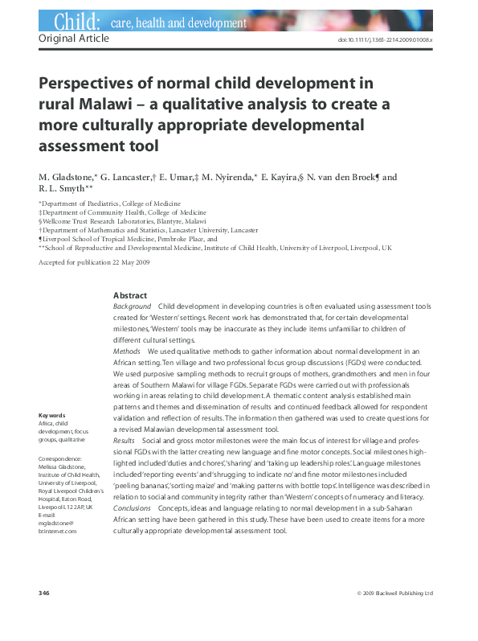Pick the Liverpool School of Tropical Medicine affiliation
[x=129, y=239]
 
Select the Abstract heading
[x=130, y=295]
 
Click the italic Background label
[x=132, y=306]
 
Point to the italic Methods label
[x=127, y=351]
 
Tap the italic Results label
[x=125, y=442]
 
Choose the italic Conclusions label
[x=133, y=509]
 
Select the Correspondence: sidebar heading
[x=61, y=458]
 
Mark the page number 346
[x=44, y=594]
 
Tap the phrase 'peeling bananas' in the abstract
[x=145, y=487]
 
